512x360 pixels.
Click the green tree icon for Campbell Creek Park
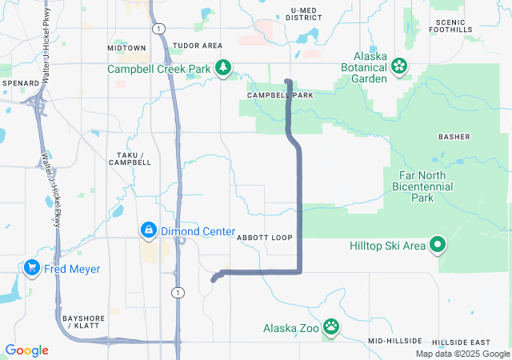coord(226,69)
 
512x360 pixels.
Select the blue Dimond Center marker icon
coord(148,231)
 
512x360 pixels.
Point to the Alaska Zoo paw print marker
coord(330,327)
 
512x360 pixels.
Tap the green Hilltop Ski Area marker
coord(438,246)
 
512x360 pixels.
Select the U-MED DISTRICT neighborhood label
coord(305,14)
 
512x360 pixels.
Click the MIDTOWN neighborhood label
coord(126,48)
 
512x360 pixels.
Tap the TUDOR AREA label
coord(197,46)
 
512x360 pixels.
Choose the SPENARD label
coord(20,83)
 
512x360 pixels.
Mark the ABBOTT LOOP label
coord(265,238)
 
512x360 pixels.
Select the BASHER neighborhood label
coord(454,137)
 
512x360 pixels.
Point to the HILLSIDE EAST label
coord(466,342)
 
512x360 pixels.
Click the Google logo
coord(27,350)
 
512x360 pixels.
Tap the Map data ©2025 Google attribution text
coord(462,354)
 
